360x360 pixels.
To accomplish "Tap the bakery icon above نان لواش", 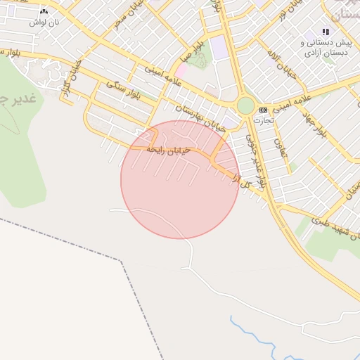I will click(x=44, y=11).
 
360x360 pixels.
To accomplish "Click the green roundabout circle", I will click(x=245, y=105).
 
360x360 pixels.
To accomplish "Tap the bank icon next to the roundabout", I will click(x=263, y=110).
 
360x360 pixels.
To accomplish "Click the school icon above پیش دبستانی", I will click(x=325, y=32).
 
